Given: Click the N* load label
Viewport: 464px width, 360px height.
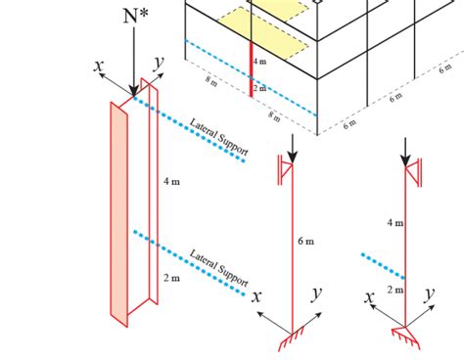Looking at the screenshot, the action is click(x=134, y=17).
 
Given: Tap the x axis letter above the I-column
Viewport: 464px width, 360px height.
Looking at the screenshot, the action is click(x=99, y=66).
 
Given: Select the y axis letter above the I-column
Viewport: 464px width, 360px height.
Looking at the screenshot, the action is click(x=158, y=65).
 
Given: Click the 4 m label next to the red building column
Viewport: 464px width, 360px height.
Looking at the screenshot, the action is click(x=259, y=61).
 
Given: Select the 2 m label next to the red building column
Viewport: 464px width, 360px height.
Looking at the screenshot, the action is click(x=259, y=88).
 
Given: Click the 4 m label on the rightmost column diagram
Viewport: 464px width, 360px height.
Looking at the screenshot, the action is click(x=394, y=223).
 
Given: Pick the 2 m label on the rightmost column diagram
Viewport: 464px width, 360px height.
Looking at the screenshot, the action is click(x=394, y=291).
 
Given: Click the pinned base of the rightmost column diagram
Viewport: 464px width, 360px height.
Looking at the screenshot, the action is click(x=405, y=334).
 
